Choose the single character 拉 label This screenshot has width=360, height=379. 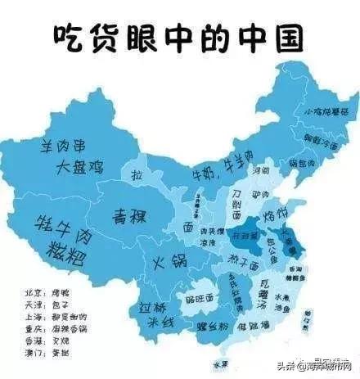coord(139,176)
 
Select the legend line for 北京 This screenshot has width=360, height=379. coord(52,291)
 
